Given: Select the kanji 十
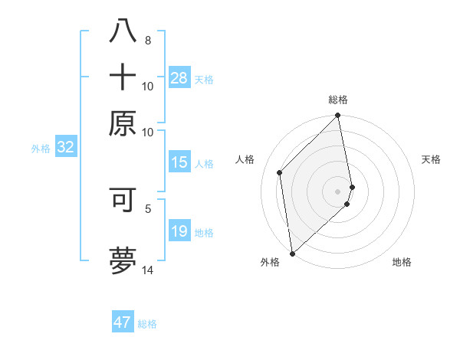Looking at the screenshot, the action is (x=123, y=78).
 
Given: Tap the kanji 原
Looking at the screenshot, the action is (x=123, y=123).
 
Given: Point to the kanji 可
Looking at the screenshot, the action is (x=123, y=198).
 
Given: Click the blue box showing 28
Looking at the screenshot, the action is (x=179, y=77).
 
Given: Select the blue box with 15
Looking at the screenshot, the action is (x=179, y=162).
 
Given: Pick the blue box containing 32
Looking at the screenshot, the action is (x=65, y=148).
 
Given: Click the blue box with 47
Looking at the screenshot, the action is (x=123, y=322).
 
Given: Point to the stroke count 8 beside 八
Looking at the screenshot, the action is (x=147, y=40).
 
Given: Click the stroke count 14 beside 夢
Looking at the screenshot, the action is (x=147, y=270).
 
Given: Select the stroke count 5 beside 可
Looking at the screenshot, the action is (x=148, y=207).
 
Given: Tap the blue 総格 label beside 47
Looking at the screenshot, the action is (x=147, y=324).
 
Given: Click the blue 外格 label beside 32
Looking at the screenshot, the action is (x=40, y=149).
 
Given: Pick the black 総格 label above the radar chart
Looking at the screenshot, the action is (x=338, y=100).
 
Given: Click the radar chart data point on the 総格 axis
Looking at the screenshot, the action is (x=338, y=116).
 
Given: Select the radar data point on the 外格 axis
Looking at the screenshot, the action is (x=292, y=253).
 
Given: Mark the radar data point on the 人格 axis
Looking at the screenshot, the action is (x=280, y=172).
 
